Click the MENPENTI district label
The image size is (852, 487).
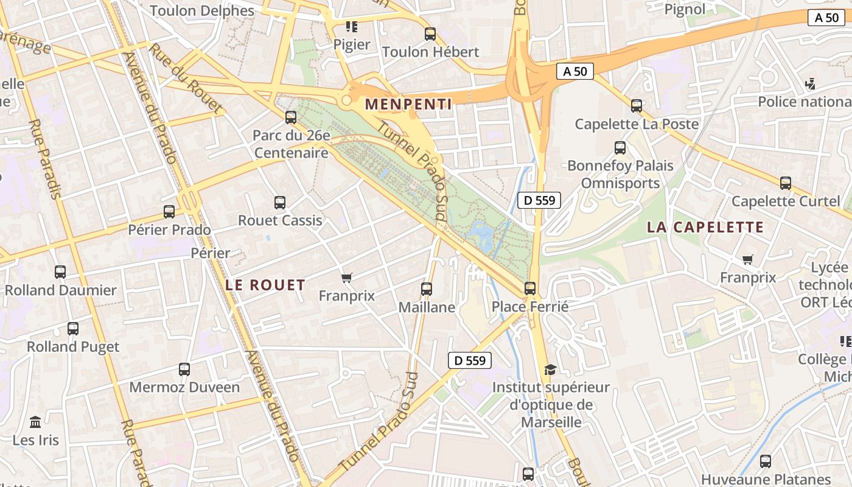click(x=408, y=105)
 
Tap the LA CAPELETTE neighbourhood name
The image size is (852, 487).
click(x=705, y=228)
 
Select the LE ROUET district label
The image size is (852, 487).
click(x=265, y=285)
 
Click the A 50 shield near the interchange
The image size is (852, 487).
click(x=574, y=71)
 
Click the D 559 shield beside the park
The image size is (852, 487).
click(x=539, y=200)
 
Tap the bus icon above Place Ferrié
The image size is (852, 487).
click(x=530, y=288)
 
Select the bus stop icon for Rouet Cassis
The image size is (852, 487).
click(x=280, y=202)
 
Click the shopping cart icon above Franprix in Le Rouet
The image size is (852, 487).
click(x=347, y=278)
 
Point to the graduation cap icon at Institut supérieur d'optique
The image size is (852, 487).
click(x=550, y=369)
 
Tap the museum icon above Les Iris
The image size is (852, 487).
click(x=35, y=422)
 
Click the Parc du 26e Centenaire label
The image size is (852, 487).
click(x=291, y=144)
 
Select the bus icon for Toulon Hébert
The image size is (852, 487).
click(x=430, y=34)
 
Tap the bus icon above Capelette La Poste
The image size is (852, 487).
click(x=637, y=106)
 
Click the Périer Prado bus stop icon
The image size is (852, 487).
click(x=169, y=212)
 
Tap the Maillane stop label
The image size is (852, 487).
click(x=427, y=307)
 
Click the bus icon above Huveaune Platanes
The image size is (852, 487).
click(x=766, y=461)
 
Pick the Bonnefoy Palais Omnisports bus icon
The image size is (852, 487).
click(x=620, y=147)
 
